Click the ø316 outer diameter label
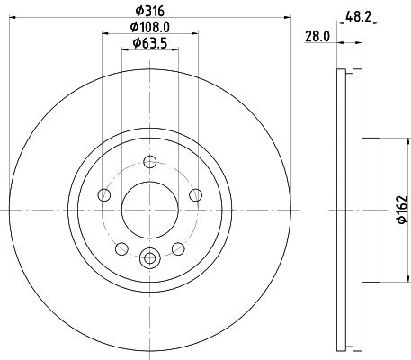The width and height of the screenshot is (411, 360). pos(149,9)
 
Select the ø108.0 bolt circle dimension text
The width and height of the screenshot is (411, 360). pos(150,26)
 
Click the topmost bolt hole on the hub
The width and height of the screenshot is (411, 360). pos(149,163)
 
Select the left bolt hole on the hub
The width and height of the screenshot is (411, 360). pos(104,195)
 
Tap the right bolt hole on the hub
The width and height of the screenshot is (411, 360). pos(194,195)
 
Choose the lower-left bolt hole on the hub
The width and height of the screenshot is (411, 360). pos(121,247)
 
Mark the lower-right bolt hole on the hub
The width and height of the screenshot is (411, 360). pos(177,247)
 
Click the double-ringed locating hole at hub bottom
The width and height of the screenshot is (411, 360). pos(149,256)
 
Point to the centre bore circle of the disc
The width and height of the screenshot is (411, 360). pos(149,209)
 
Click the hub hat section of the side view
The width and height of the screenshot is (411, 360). pos(372,209)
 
